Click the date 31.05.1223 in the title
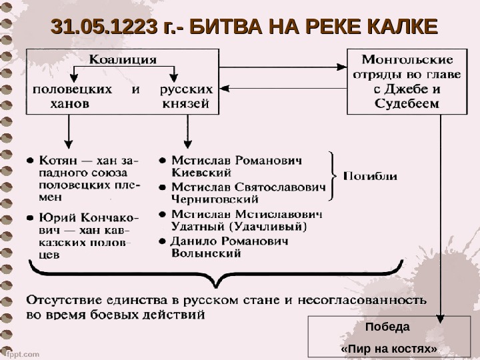[107, 27]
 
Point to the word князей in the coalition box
[187, 103]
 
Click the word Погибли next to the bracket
[371, 177]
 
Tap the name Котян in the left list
[57, 161]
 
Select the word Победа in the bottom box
[389, 327]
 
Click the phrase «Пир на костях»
[389, 348]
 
